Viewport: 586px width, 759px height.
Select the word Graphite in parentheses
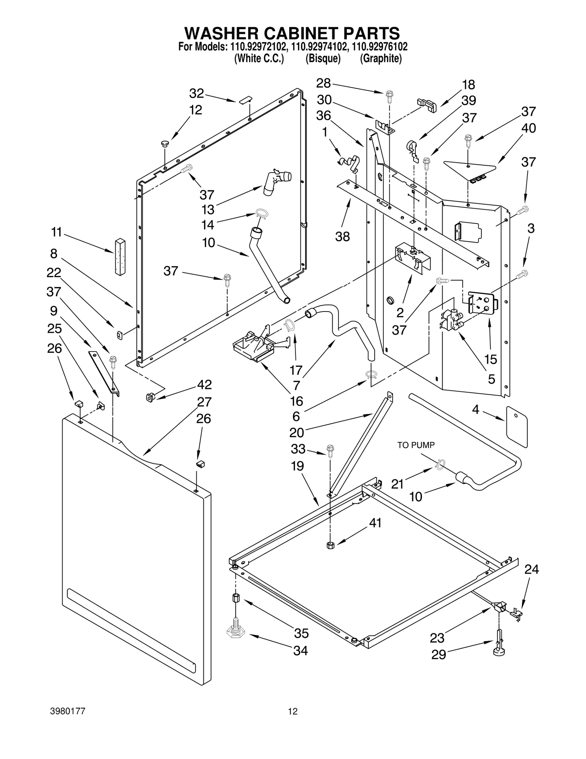coord(381,59)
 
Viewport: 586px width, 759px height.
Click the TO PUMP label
coord(416,445)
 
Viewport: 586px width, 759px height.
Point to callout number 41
coord(375,523)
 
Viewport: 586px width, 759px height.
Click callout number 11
coord(56,232)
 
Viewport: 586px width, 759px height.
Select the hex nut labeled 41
coord(330,545)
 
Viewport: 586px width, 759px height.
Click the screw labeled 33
coord(330,450)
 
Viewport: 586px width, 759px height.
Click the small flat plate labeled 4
coord(517,426)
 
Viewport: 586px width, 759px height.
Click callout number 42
coord(204,384)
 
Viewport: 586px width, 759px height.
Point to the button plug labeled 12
coord(164,144)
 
